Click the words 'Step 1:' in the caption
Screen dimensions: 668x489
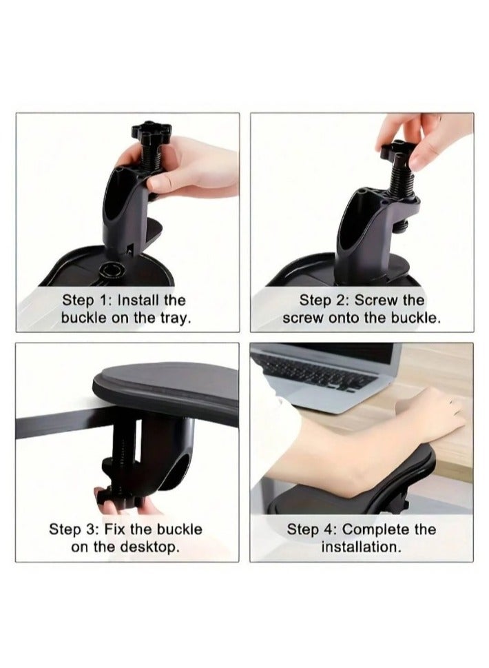pos(87,301)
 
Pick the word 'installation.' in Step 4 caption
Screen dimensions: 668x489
pos(361,547)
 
